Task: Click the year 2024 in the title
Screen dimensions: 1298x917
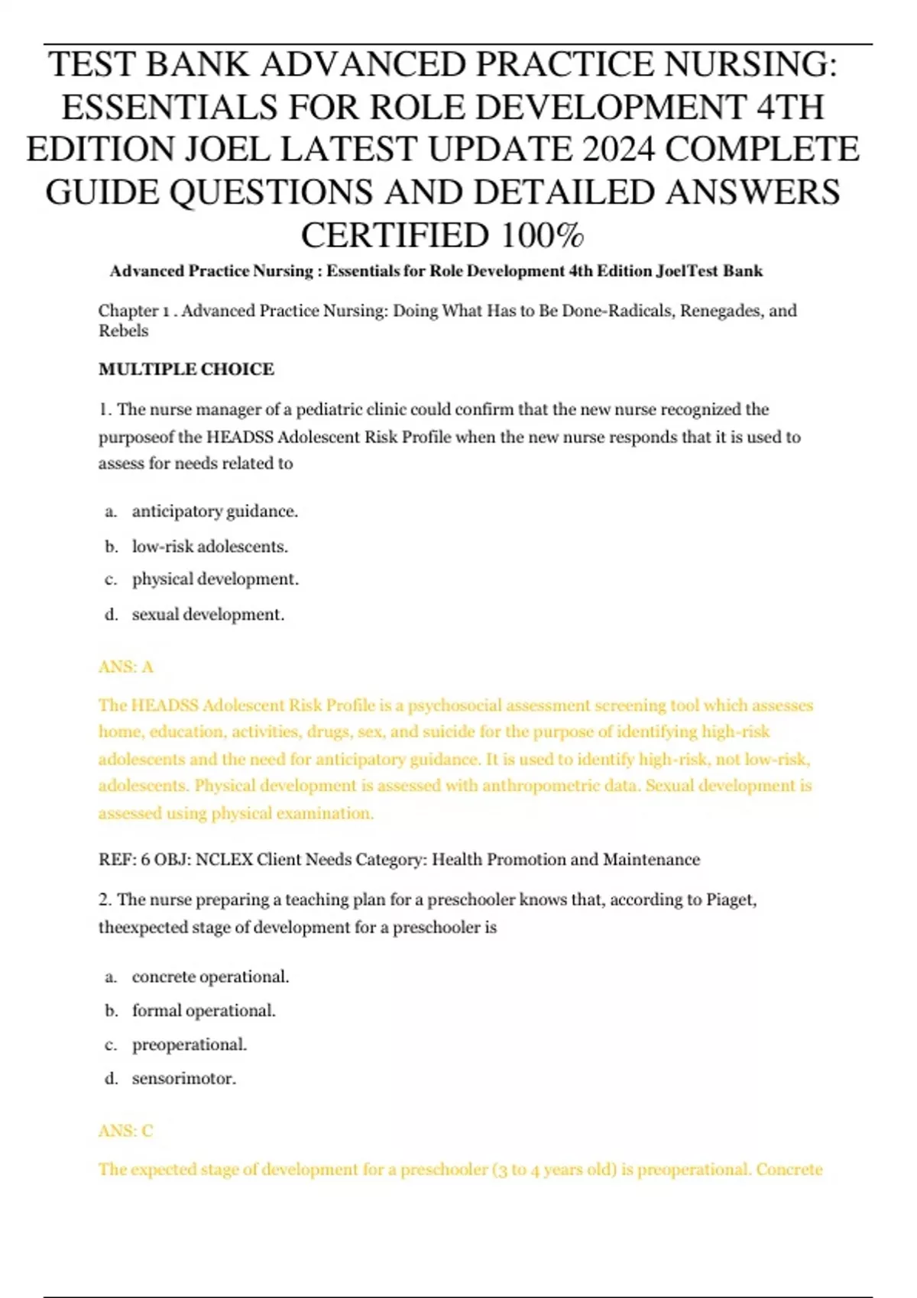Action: click(x=617, y=149)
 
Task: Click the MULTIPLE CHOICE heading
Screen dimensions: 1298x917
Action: click(x=186, y=369)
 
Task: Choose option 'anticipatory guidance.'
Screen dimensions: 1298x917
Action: click(x=215, y=511)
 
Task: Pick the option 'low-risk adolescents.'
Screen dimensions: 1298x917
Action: click(x=209, y=546)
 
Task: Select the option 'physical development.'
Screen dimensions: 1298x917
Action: click(x=215, y=579)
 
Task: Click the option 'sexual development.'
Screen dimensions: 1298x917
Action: click(x=208, y=614)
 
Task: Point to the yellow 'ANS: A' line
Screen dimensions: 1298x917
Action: click(x=126, y=667)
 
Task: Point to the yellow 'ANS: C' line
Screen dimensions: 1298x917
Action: click(x=126, y=1131)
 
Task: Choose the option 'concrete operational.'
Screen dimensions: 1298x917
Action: click(x=210, y=977)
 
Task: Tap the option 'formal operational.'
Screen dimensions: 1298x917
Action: click(x=203, y=1010)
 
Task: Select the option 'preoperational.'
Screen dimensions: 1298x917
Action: click(x=190, y=1044)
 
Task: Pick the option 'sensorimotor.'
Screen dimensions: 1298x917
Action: click(x=183, y=1078)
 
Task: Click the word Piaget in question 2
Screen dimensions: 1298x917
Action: click(x=731, y=899)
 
